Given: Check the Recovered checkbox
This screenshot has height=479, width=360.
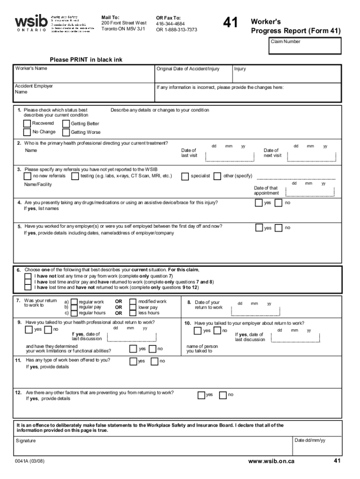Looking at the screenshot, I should pyautogui.click(x=28, y=123).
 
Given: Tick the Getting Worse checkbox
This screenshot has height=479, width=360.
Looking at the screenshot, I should pyautogui.click(x=66, y=132).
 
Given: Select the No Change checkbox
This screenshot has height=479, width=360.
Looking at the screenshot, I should pyautogui.click(x=28, y=132).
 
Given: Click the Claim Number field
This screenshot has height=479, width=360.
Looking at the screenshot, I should pyautogui.click(x=304, y=46).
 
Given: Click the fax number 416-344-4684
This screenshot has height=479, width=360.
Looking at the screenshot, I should pyautogui.click(x=170, y=24).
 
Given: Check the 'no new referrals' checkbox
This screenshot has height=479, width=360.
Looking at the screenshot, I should pyautogui.click(x=28, y=176).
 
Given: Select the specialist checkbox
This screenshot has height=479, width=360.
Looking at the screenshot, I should pyautogui.click(x=185, y=176).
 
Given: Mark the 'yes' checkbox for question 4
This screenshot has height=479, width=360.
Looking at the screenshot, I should pyautogui.click(x=259, y=203).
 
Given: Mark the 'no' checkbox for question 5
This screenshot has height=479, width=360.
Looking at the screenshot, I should pyautogui.click(x=279, y=228).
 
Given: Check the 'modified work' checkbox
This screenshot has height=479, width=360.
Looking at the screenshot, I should pyautogui.click(x=133, y=302).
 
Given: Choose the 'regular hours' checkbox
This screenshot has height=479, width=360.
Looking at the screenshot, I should pyautogui.click(x=74, y=313).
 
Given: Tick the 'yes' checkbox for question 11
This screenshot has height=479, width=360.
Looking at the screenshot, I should pyautogui.click(x=133, y=361).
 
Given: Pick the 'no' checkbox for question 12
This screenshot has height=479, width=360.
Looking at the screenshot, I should pyautogui.click(x=223, y=395).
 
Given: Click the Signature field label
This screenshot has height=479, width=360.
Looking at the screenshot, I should pyautogui.click(x=26, y=441).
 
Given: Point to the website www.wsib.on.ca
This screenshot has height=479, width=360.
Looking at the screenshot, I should pyautogui.click(x=271, y=461).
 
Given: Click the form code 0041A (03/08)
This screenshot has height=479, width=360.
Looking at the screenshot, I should pyautogui.click(x=30, y=461).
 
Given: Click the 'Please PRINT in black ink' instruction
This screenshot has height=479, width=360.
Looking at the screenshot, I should pyautogui.click(x=86, y=59).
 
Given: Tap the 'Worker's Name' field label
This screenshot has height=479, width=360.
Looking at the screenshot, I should pyautogui.click(x=31, y=68).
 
